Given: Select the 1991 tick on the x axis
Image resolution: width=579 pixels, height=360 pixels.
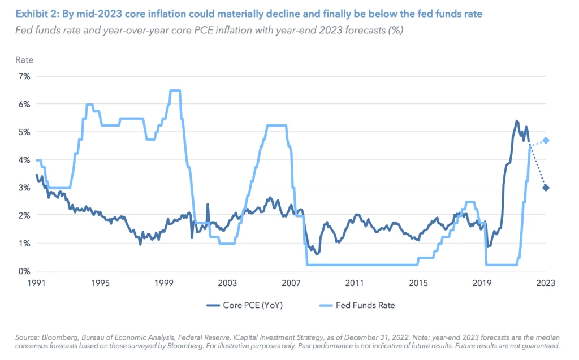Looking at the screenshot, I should tap(36, 283).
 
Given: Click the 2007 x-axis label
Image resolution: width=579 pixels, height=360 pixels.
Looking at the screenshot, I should tap(291, 283).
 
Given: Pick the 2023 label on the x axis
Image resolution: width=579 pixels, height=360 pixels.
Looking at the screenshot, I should tap(545, 283).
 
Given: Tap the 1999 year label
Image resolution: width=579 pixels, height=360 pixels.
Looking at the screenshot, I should tap(163, 283).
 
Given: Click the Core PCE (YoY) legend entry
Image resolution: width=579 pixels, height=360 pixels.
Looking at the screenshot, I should tap(245, 305).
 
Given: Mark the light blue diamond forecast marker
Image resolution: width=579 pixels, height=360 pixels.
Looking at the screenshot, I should tap(546, 140).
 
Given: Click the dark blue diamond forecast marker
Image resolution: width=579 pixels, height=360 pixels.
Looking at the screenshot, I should tap(546, 188).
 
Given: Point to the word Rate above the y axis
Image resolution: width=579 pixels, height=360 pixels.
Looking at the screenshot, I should tap(24, 59).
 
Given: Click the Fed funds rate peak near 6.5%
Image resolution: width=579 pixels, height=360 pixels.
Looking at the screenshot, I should tap(175, 90).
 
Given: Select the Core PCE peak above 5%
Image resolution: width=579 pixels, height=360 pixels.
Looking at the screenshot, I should tap(517, 121).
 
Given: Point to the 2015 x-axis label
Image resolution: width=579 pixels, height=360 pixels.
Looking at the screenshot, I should tap(418, 283).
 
